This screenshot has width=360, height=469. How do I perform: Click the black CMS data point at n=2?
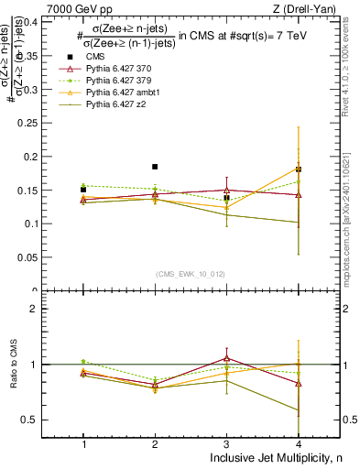click(x=155, y=167)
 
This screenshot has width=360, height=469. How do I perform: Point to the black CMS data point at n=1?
click(x=83, y=189)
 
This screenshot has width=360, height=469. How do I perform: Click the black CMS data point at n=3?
click(x=226, y=198)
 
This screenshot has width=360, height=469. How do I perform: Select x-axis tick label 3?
click(x=226, y=443)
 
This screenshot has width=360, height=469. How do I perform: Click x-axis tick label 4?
click(x=298, y=443)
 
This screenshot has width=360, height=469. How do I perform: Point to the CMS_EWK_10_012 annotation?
click(x=191, y=274)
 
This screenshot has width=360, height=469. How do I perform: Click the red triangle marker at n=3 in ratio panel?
click(x=226, y=358)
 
